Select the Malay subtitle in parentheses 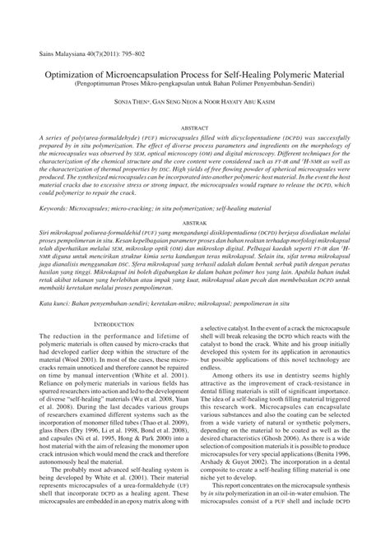(x=195, y=84)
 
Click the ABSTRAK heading (x=195, y=223)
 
